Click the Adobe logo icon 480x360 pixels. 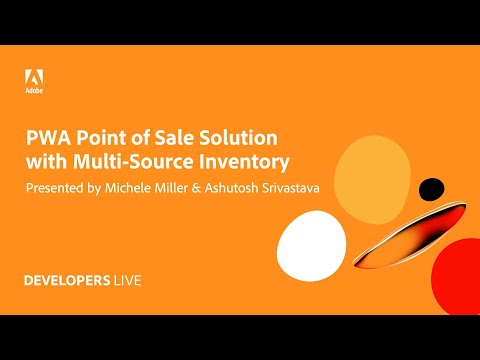[x=34, y=77]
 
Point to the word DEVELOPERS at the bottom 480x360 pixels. [x=67, y=280]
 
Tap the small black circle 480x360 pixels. [x=430, y=187]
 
